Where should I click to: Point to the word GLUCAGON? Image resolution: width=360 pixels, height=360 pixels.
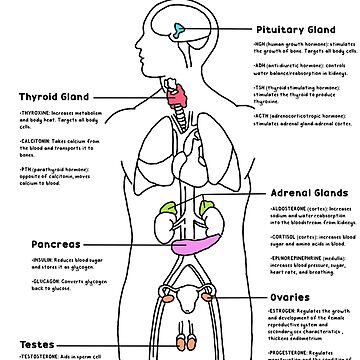36,280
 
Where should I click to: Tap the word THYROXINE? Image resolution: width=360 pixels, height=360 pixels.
38,114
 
